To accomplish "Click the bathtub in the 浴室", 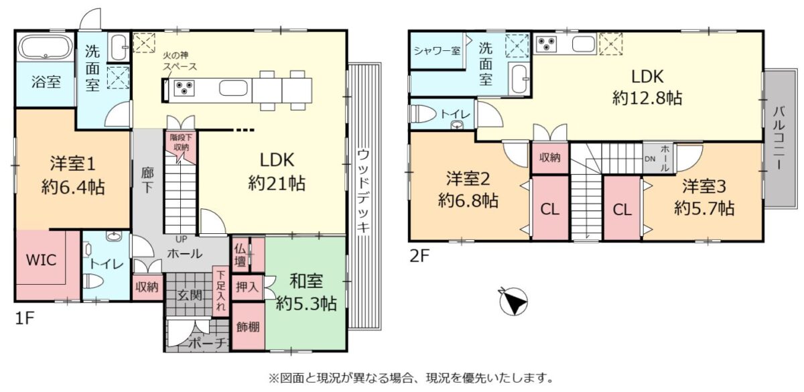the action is point(46,47).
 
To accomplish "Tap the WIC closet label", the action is point(41,260).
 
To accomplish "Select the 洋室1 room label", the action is point(73,164).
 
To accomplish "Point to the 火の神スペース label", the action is point(180,61).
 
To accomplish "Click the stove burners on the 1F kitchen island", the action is point(184,88).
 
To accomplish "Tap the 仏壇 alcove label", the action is point(240,255).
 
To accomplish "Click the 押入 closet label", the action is point(247,287).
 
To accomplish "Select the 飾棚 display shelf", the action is point(249,327).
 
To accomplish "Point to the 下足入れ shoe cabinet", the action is point(220,291).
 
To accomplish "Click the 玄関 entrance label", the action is point(190,296).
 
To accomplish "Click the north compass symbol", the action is point(513,302).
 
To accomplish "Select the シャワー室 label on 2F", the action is point(437,51).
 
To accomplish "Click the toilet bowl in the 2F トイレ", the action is point(423,114).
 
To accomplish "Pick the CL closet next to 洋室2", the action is point(549,208).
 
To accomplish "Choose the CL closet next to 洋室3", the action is point(622,208).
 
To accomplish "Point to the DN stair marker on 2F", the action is point(650,159).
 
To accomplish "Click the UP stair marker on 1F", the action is point(180,239).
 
